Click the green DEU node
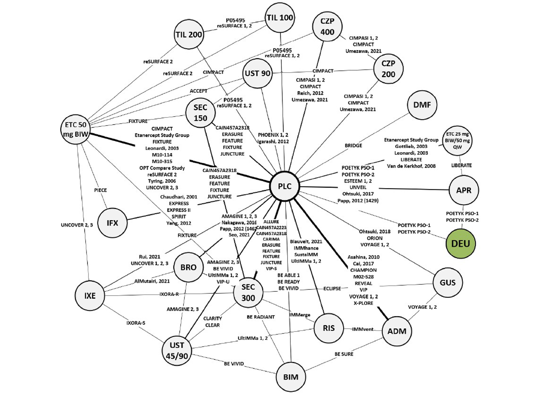pyautogui.click(x=461, y=243)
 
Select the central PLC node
pyautogui.click(x=285, y=186)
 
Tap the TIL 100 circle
pyautogui.click(x=280, y=18)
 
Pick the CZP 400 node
pyautogui.click(x=327, y=27)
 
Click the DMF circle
pyautogui.click(x=422, y=105)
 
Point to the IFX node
pyautogui.click(x=112, y=223)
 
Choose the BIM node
pyautogui.click(x=290, y=377)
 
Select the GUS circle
pyautogui.click(x=448, y=283)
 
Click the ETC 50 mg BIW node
pyautogui.click(x=75, y=129)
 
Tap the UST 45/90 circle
pyautogui.click(x=177, y=350)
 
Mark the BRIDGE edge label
pyautogui.click(x=353, y=146)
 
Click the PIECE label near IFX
pyautogui.click(x=100, y=190)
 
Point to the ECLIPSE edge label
pyautogui.click(x=332, y=289)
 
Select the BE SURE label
pyautogui.click(x=344, y=354)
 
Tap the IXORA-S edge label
pyautogui.click(x=136, y=323)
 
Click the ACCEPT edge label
pyautogui.click(x=198, y=91)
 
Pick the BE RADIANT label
pyautogui.click(x=260, y=317)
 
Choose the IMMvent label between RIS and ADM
pyautogui.click(x=363, y=329)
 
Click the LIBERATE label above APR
pyautogui.click(x=461, y=165)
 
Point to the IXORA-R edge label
pyautogui.click(x=169, y=294)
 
